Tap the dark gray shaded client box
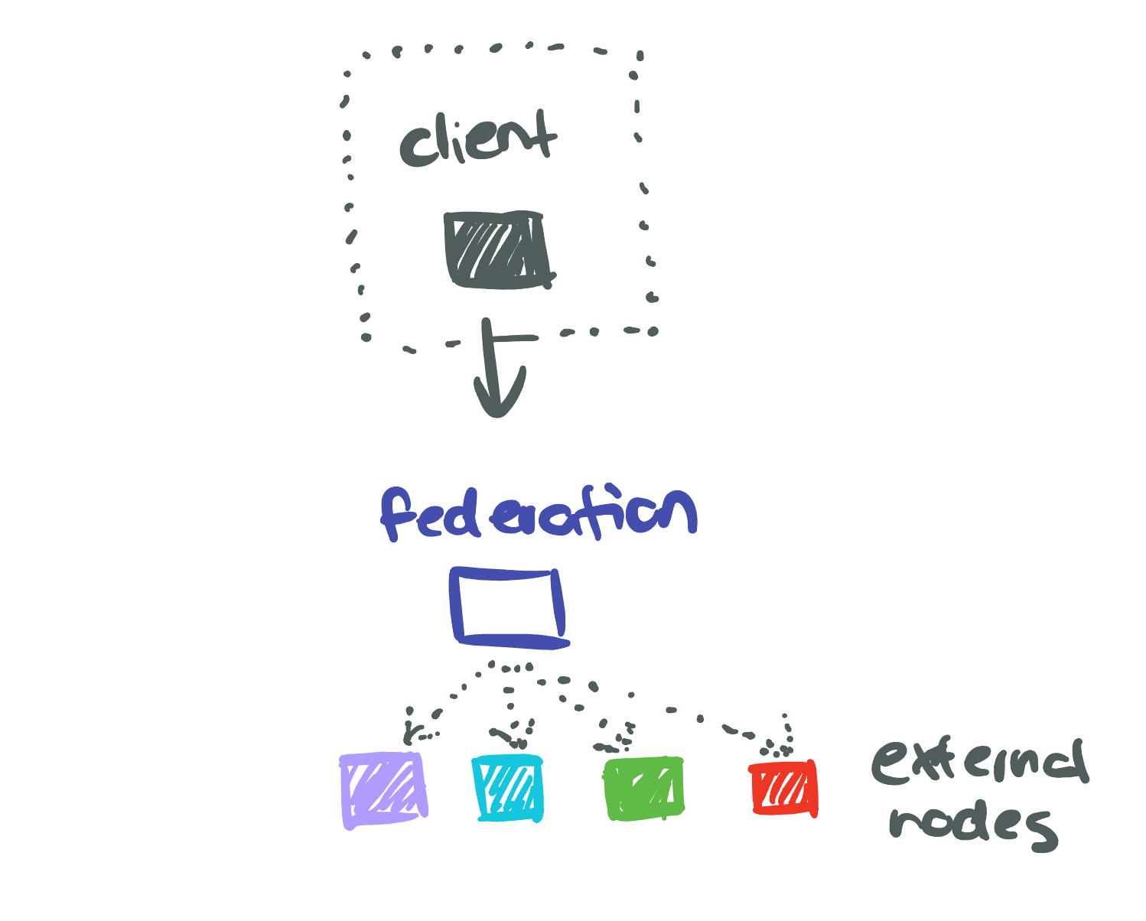click(498, 249)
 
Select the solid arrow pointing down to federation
click(494, 367)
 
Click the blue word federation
click(539, 513)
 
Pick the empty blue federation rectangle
click(509, 607)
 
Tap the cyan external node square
click(508, 788)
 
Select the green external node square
click(643, 789)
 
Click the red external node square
click(783, 789)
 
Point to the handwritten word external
click(978, 764)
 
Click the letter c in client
click(413, 148)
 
